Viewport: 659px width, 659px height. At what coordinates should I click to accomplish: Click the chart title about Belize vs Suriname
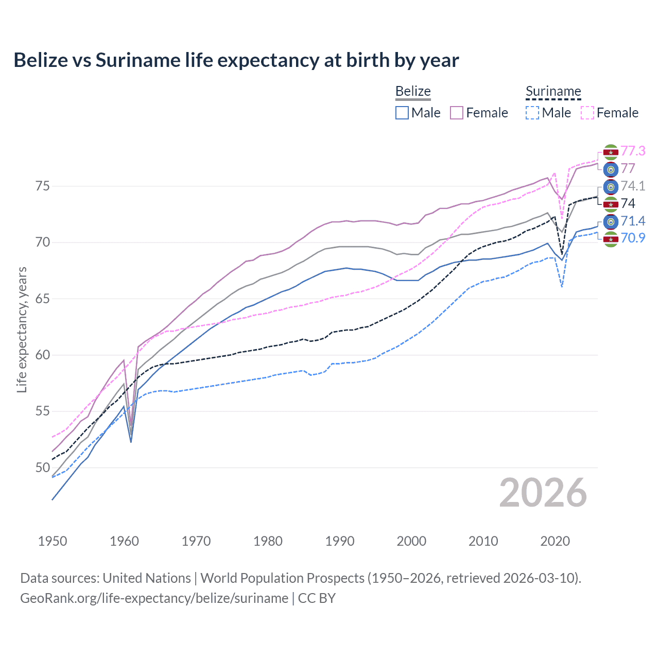[236, 60]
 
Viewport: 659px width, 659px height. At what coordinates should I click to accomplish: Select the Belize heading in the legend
[413, 91]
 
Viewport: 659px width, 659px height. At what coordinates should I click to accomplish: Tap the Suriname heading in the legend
[553, 91]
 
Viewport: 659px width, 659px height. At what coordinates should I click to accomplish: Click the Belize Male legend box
[402, 113]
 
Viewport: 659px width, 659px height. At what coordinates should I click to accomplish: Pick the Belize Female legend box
[457, 113]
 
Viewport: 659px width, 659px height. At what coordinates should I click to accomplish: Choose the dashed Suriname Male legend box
[532, 113]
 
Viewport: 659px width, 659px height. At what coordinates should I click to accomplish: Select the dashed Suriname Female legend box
[587, 113]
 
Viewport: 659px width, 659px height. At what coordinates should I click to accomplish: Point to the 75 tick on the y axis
[43, 186]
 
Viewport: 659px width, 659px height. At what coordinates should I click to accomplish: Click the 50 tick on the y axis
[43, 467]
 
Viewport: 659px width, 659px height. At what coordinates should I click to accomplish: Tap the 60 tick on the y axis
[43, 355]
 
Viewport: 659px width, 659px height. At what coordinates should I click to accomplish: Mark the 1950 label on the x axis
[53, 541]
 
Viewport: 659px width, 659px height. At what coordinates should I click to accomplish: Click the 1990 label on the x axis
[340, 541]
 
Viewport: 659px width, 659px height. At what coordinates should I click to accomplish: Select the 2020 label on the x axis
[555, 541]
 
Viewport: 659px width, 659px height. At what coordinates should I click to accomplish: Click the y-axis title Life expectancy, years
[22, 329]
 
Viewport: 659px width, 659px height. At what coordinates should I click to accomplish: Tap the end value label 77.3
[633, 151]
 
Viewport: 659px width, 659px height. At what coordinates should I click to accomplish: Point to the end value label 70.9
[633, 238]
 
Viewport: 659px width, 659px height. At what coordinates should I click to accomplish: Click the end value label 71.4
[633, 221]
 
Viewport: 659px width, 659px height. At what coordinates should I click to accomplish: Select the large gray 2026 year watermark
[543, 493]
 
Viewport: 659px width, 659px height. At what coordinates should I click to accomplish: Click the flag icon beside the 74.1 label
[611, 186]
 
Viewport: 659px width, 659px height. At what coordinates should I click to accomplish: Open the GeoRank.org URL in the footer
[154, 598]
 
